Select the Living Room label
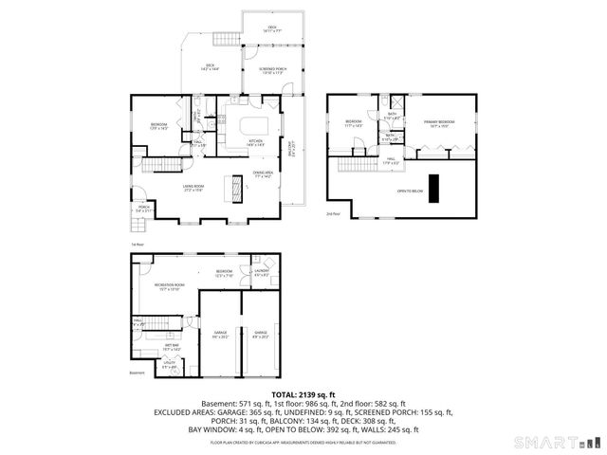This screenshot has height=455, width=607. (193, 187)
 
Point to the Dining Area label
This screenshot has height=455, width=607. (263, 173)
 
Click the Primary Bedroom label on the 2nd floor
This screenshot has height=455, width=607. (440, 122)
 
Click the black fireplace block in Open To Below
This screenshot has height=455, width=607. (435, 189)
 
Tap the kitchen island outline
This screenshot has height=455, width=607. (253, 126)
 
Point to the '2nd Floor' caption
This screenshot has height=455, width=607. (333, 215)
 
